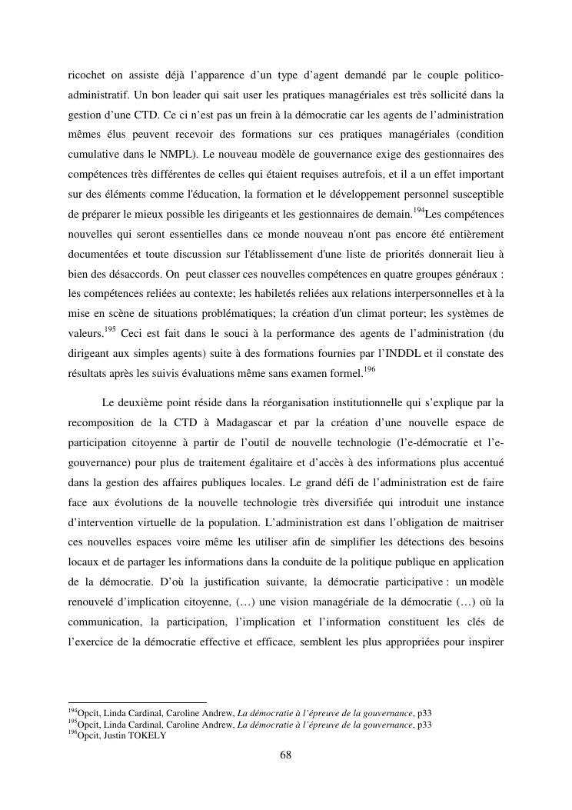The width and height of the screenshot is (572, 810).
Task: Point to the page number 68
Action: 285,755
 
